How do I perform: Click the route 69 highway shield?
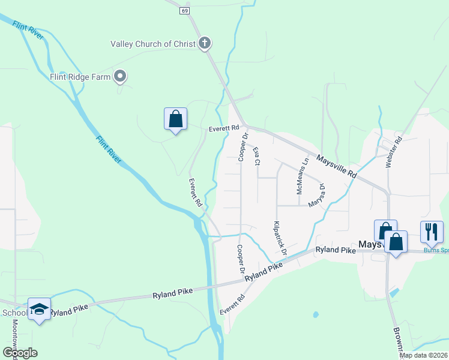pos(184,11)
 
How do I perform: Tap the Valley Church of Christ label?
pos(154,43)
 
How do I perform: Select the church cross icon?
pos(205,43)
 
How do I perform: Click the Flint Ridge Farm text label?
pos(81,77)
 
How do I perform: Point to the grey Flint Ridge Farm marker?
pos(120,76)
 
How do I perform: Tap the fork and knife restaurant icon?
pos(432,232)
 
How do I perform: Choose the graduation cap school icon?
pos(39,308)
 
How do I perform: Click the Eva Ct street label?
pos(256,156)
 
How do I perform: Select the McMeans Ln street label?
pos(302,176)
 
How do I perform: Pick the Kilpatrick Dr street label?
pos(279,238)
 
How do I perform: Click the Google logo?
pos(20,353)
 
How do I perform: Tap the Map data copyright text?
pos(424,355)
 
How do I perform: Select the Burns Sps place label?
pos(436,250)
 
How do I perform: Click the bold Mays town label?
pos(370,245)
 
